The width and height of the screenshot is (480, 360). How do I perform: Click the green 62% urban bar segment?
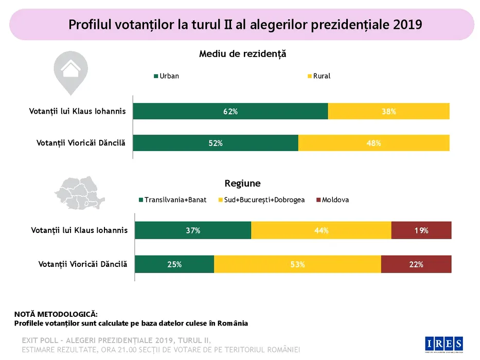pos(230,112)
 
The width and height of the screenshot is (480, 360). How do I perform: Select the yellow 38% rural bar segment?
pos(388,112)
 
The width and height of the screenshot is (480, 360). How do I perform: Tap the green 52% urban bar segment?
pos(216,143)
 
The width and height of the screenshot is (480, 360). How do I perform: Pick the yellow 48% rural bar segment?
pos(374,143)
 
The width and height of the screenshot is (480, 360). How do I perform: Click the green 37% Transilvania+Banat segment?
pos(193,230)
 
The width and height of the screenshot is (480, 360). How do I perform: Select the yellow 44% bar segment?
pos(321,230)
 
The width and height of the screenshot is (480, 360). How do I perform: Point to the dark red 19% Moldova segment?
pos(421,230)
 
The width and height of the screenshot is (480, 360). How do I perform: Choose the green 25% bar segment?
pos(174,264)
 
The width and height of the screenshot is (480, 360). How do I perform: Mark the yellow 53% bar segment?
pos(297,264)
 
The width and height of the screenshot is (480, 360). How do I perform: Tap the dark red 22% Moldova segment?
pos(416,264)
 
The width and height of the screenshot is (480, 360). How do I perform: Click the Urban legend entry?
pos(167,76)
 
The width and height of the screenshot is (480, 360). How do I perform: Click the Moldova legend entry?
pos(332,200)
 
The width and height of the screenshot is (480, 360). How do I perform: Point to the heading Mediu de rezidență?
pos(242,53)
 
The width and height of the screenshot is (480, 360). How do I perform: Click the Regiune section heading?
pos(242,183)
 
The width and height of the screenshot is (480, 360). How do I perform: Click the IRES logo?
pos(445,343)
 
